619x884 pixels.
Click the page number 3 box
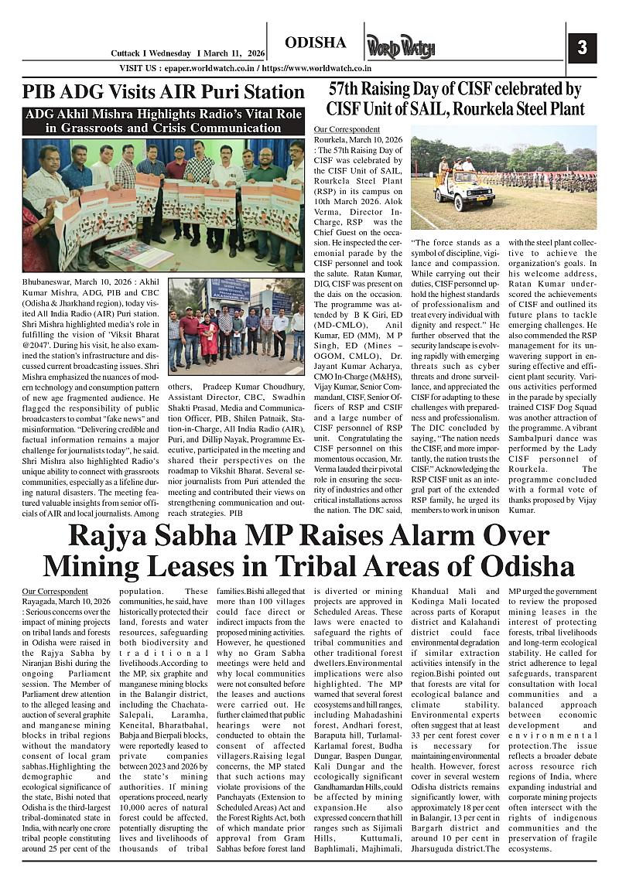click(x=582, y=48)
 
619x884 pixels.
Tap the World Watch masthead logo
click(x=401, y=47)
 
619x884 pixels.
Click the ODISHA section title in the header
click(x=315, y=42)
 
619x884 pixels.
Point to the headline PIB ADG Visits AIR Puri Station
click(x=163, y=92)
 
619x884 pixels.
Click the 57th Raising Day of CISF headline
click(x=455, y=99)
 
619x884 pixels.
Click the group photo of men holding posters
click(x=163, y=205)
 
